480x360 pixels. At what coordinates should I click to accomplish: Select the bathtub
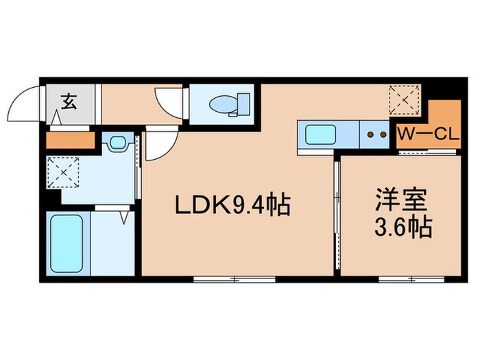tap(66, 242)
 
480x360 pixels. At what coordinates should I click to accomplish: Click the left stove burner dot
tap(370, 135)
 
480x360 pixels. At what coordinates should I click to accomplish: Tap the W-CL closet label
tap(428, 135)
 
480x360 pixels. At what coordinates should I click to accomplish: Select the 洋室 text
tap(401, 199)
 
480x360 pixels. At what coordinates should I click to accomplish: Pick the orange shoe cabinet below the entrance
tap(69, 140)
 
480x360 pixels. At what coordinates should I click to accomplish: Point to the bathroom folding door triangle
tap(124, 217)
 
